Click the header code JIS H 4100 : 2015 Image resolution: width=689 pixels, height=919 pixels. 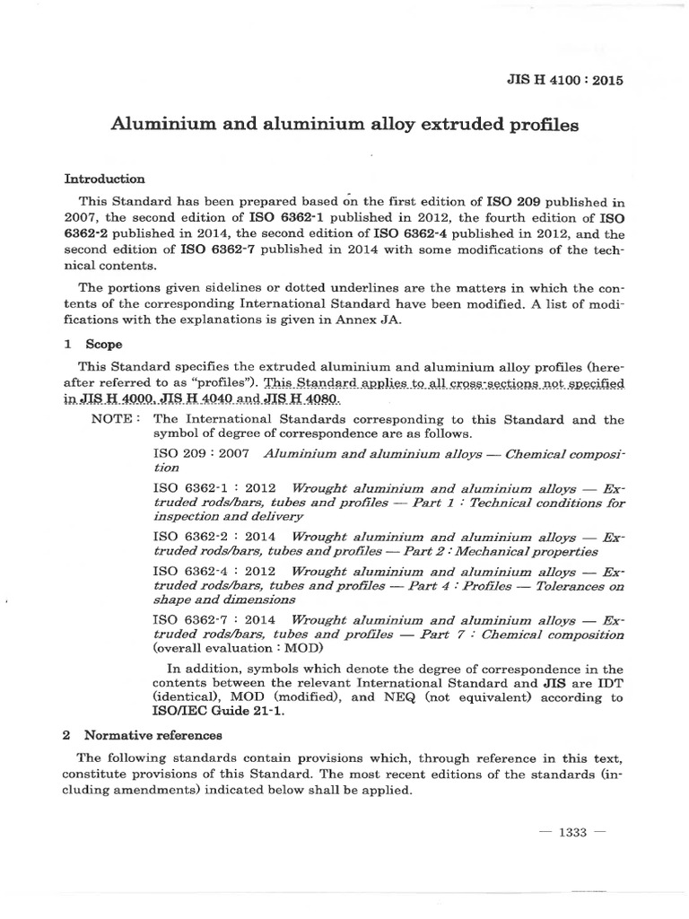(565, 79)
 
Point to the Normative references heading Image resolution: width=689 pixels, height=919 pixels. (147, 734)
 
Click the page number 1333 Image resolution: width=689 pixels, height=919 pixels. (571, 832)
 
